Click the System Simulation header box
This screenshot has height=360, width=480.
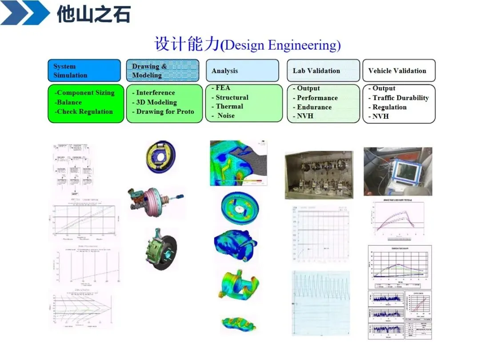(x=84, y=71)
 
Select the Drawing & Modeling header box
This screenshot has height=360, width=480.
(x=164, y=71)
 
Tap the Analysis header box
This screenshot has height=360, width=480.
(x=242, y=71)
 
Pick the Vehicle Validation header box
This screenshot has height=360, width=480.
(x=399, y=71)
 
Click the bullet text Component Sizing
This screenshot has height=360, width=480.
(x=84, y=93)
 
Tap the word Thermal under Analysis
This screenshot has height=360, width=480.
(x=229, y=106)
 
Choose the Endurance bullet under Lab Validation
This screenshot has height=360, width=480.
(x=314, y=107)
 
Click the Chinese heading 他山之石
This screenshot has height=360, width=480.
(x=93, y=15)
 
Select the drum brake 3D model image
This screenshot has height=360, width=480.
(x=160, y=157)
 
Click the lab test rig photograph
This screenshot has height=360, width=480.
(x=319, y=175)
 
